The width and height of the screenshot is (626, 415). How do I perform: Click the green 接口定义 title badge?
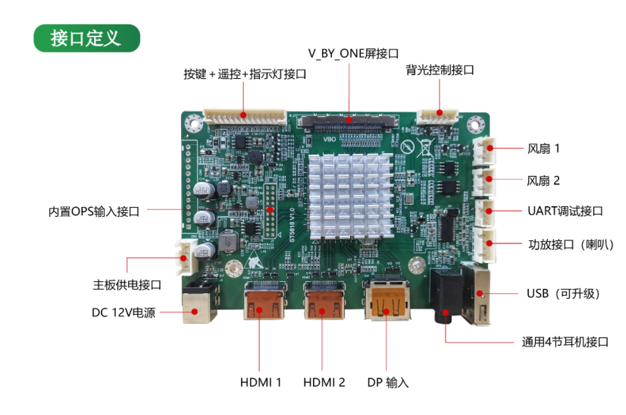coord(86,38)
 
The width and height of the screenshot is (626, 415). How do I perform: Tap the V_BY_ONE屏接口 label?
coord(353,54)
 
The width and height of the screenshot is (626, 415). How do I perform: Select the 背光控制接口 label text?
coord(440,70)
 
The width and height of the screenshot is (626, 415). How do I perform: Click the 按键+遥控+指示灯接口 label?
coord(245,74)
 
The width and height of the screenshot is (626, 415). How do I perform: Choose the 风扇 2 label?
coord(543,180)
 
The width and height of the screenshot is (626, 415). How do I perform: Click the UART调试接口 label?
coord(565,211)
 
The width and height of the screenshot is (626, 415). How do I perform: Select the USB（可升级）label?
coord(563,294)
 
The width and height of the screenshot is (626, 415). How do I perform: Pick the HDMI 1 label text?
coord(261,382)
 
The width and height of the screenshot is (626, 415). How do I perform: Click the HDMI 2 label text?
coord(324,382)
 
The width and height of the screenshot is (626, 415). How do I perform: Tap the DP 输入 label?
coord(388,382)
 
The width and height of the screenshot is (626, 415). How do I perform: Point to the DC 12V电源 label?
coord(123,312)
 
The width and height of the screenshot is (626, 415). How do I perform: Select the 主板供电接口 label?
coord(127,285)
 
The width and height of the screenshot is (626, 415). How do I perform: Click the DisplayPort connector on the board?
coord(387,304)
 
